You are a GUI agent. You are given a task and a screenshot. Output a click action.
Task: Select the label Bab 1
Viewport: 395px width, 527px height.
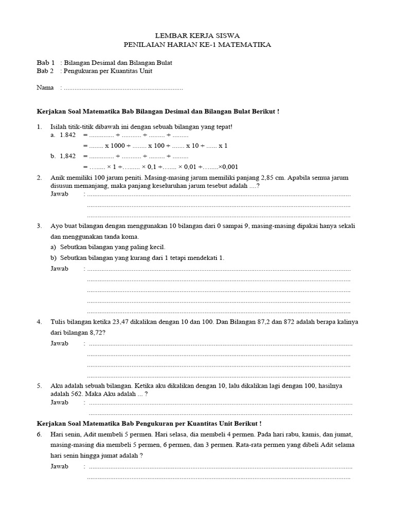pyautogui.click(x=46, y=62)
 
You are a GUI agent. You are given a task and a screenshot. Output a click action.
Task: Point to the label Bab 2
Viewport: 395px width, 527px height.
pyautogui.click(x=46, y=71)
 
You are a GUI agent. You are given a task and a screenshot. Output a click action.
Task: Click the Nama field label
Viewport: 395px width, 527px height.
pyautogui.click(x=45, y=87)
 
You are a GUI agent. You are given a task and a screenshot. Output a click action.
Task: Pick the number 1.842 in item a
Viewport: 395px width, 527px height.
pyautogui.click(x=67, y=135)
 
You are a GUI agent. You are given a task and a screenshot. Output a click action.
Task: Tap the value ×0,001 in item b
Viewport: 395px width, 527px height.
pyautogui.click(x=228, y=167)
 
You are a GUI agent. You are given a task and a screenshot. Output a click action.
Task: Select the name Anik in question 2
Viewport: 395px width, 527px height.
pyautogui.click(x=58, y=178)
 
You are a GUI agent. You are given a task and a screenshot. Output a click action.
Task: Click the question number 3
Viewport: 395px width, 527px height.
pyautogui.click(x=39, y=226)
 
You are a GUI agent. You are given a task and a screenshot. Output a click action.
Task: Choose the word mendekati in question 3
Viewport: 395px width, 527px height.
pyautogui.click(x=205, y=257)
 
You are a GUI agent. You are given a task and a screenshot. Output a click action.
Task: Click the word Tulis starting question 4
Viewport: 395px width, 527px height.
pyautogui.click(x=58, y=322)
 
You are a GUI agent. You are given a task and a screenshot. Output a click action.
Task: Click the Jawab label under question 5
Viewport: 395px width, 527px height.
pyautogui.click(x=59, y=402)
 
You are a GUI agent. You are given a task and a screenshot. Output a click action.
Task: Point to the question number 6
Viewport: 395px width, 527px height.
pyautogui.click(x=39, y=434)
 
